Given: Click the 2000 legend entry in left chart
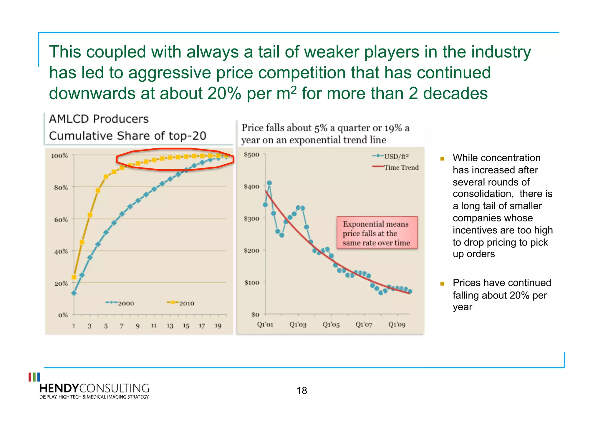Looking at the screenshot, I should (x=120, y=303).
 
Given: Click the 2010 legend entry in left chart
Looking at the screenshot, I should (x=180, y=303).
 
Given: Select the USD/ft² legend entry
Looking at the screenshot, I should (x=391, y=156).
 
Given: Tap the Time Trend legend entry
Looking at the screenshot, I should (x=396, y=167).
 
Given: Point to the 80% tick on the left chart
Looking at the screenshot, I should (x=61, y=188).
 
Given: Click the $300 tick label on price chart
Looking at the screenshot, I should (x=251, y=218).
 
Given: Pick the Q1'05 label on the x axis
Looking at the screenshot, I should (x=331, y=324).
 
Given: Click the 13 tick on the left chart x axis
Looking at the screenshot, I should (x=170, y=326).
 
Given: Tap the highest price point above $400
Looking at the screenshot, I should (x=269, y=183).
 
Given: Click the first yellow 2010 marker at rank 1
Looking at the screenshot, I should (x=74, y=277).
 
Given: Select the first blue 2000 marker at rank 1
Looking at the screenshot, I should (x=74, y=293).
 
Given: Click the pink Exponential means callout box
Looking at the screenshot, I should (x=377, y=233).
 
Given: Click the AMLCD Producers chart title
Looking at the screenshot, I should (x=99, y=119).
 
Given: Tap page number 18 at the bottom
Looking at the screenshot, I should (x=301, y=391).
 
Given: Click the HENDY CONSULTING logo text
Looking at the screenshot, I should (x=94, y=388).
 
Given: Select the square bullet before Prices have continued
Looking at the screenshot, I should (x=442, y=284).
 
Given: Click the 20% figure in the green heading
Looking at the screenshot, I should (x=224, y=94).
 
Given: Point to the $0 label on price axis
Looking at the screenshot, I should (x=255, y=314).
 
